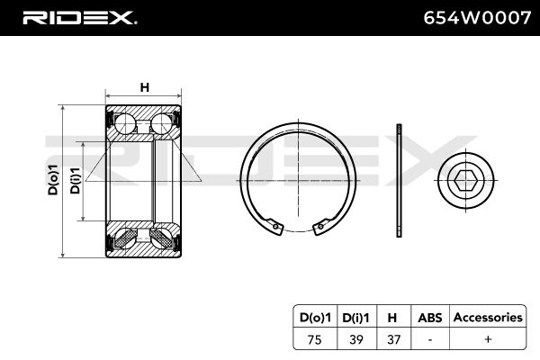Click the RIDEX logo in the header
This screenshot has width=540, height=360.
[79, 18]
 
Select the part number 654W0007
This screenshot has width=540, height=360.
[477, 18]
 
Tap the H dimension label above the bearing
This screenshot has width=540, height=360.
[145, 87]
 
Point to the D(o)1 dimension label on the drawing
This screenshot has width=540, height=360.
[53, 180]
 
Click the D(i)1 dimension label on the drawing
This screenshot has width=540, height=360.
[75, 181]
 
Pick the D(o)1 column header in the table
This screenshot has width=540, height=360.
[315, 318]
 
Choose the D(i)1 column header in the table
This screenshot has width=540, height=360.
[355, 318]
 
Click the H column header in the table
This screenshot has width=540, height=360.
[392, 318]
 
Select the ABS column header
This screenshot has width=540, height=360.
[430, 318]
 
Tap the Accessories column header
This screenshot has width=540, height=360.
[488, 318]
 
